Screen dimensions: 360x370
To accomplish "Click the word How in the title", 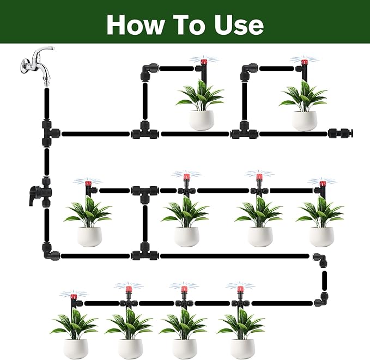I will point(134,25).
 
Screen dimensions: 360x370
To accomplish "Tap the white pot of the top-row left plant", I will point(202,119).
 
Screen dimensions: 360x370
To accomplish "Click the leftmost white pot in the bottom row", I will point(75,348).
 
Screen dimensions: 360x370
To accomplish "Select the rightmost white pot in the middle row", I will point(322,236).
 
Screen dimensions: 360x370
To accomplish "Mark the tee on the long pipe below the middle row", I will point(143,254).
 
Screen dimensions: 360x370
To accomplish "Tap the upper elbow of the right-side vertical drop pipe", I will point(322,260).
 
